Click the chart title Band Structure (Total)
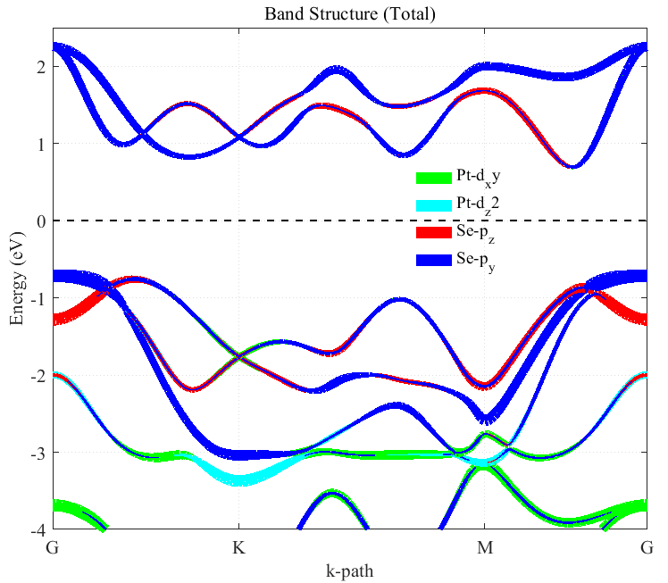point(348,15)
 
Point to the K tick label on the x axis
point(238,546)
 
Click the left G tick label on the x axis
point(53,546)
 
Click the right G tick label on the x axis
point(646,546)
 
